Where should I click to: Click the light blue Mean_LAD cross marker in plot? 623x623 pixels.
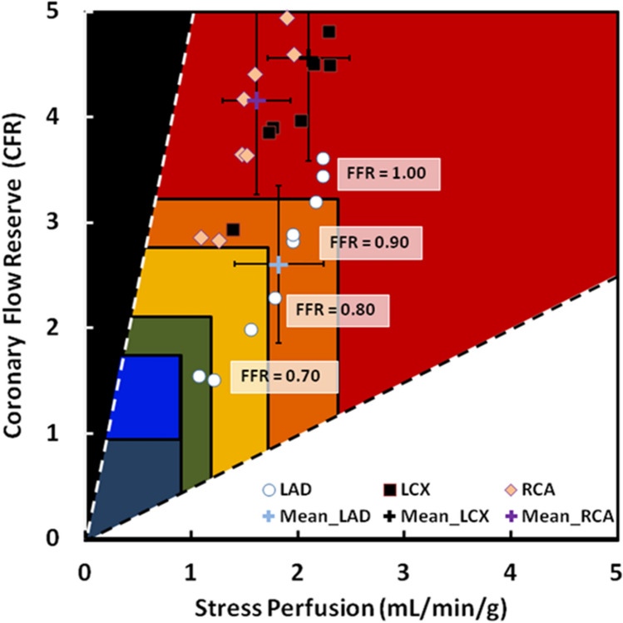(x=279, y=265)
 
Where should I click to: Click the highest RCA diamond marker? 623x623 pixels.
(x=288, y=18)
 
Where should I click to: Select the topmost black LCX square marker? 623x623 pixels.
(x=329, y=32)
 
